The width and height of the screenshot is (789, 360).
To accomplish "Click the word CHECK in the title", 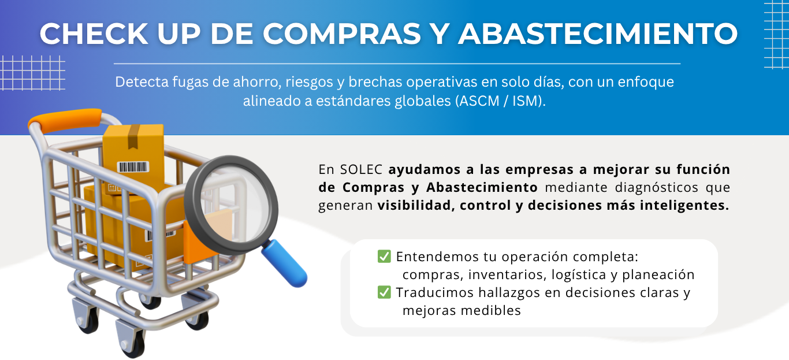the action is [94, 34].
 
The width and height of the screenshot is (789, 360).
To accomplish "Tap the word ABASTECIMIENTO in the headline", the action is [598, 34].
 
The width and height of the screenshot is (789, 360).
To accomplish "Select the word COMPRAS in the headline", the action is [342, 34].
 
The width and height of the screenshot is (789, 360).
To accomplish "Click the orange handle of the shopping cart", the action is [65, 120].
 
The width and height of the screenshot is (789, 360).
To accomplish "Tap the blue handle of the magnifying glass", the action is [284, 263].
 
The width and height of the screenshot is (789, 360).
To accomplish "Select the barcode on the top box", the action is [133, 167].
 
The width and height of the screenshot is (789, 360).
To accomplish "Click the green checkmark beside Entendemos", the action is [384, 257].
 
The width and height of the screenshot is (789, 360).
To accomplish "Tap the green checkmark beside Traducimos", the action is [384, 292].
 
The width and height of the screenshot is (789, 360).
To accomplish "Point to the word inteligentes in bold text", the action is [684, 205].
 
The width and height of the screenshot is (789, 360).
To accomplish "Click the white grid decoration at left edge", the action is [32, 73].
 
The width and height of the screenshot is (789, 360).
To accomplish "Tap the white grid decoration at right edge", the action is [776, 35].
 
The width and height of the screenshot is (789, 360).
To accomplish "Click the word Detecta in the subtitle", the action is [142, 82].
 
